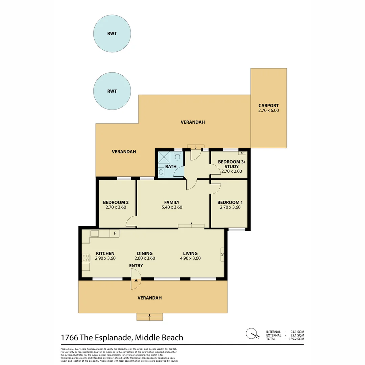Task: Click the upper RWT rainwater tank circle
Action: [x=112, y=33]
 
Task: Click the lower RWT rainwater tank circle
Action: [x=112, y=91]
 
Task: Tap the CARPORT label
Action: [x=269, y=105]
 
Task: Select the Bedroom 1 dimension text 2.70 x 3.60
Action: [x=230, y=207]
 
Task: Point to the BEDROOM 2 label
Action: [x=116, y=202]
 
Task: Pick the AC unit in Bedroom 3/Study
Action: [x=242, y=153]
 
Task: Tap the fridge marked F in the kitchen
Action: [x=115, y=234]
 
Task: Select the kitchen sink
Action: [x=94, y=234]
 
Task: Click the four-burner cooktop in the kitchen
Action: [x=86, y=258]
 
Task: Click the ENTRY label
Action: [x=136, y=266]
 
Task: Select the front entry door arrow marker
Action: [x=136, y=280]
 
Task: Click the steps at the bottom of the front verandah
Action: [x=149, y=317]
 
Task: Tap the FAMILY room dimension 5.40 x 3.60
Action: [x=172, y=207]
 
